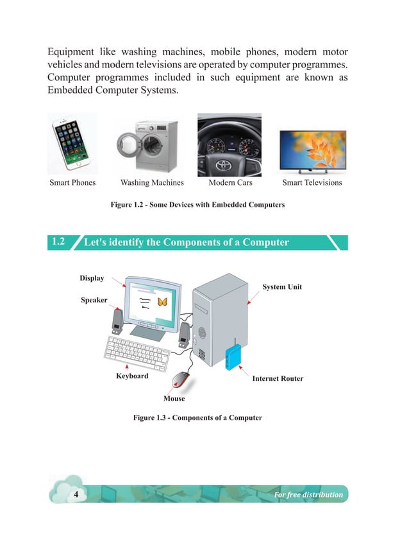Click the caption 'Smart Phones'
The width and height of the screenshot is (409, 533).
72,183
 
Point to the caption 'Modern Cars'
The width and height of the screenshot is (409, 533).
230,183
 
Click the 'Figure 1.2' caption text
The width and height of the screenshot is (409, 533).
197,205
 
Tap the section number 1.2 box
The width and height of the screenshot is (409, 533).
58,242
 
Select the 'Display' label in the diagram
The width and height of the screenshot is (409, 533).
92,278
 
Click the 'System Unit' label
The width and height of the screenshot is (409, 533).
282,286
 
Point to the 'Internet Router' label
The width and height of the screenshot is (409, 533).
278,379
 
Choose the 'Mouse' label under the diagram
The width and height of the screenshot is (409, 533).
174,399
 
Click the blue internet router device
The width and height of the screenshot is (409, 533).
233,358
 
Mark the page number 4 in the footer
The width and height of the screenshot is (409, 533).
76,494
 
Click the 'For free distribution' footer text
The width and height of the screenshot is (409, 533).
308,494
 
